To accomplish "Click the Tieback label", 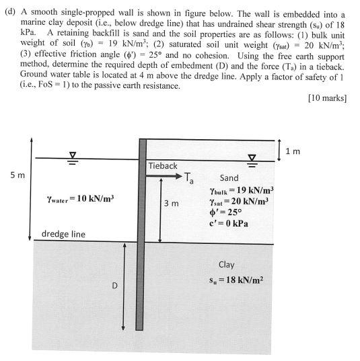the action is (163, 165).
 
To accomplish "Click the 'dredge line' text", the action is (63, 235).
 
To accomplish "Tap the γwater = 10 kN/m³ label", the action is (80, 198).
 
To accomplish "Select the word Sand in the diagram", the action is (229, 178).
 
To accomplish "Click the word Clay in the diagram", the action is (226, 265).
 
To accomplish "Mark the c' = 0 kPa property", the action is (229, 224).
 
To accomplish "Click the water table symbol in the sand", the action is (253, 158).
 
